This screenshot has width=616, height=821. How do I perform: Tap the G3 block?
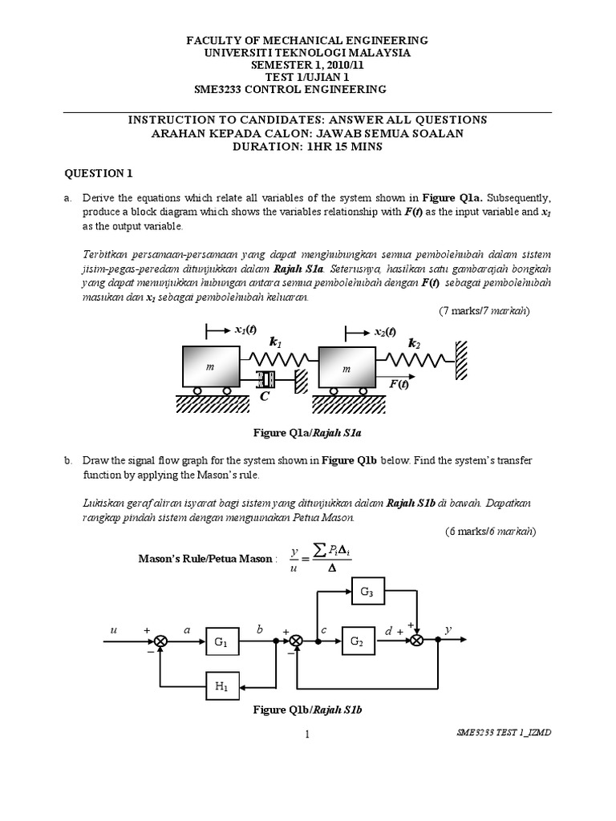tap(365, 593)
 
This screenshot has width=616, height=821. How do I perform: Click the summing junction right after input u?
tap(160, 641)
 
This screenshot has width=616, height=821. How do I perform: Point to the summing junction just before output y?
tap(417, 641)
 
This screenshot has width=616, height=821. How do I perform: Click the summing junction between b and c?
tap(297, 641)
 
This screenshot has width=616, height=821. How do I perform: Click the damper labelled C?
tap(265, 378)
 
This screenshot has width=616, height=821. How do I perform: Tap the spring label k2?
tap(415, 343)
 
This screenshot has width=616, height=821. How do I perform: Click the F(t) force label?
tap(399, 385)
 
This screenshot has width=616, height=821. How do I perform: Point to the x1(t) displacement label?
tap(245, 330)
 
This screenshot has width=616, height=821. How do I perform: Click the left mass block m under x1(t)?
tap(210, 368)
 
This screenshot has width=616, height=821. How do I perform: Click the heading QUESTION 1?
tap(97, 172)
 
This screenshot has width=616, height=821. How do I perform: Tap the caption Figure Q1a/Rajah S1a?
tap(308, 433)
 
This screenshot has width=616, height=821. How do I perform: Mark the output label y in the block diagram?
tap(450, 631)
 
